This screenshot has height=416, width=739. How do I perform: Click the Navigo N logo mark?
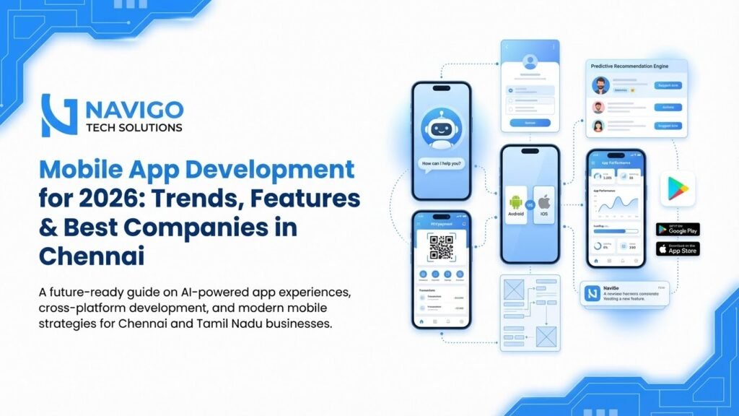pos(58,115)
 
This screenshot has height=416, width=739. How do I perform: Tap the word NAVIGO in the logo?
pos(134,109)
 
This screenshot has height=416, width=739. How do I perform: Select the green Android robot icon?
pos(515,203)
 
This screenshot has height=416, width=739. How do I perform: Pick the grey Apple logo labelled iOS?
pos(544,201)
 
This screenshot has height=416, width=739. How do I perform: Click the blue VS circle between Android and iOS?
pos(530,204)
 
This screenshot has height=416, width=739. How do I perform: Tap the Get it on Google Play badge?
pos(677,230)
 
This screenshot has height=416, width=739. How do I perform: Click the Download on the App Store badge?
pos(677,249)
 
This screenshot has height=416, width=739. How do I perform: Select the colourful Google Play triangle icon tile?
pos(677,188)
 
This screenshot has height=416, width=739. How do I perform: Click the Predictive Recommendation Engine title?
pos(629,66)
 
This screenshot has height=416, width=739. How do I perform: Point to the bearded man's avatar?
pos(600,86)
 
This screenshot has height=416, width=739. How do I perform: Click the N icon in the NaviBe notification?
pos(592,293)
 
